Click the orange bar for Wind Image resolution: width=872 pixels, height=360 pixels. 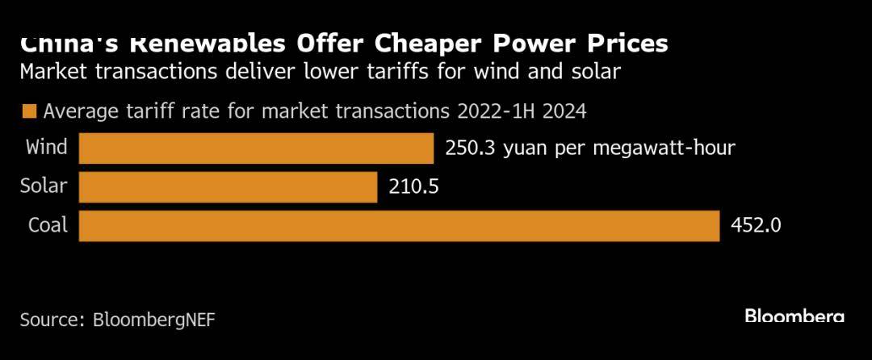tap(257, 149)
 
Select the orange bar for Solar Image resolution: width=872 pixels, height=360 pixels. tap(228, 187)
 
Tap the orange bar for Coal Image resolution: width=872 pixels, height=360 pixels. tap(399, 226)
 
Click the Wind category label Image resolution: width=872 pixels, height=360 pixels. tap(47, 148)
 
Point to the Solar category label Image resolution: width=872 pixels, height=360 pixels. tap(44, 187)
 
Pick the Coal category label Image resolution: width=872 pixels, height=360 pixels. tap(48, 226)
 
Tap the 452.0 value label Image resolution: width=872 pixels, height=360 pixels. tap(755, 226)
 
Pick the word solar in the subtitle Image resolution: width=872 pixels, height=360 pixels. tap(596, 72)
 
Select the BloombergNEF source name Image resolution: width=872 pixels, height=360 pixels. tap(154, 319)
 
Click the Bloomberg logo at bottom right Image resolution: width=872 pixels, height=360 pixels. tap(794, 316)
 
